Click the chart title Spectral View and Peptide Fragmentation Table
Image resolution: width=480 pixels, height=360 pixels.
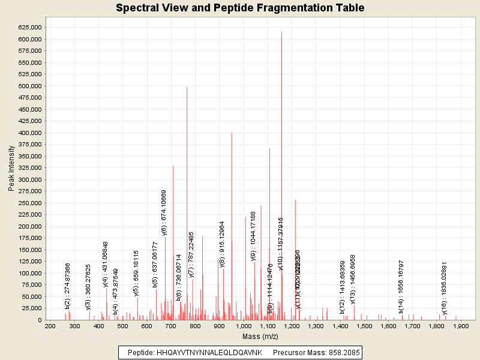click(x=240, y=8)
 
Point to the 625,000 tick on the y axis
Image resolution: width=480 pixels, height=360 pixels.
click(x=29, y=28)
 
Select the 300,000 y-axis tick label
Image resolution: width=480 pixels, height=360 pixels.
click(x=29, y=180)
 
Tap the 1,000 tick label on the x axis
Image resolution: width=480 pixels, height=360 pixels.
click(x=244, y=326)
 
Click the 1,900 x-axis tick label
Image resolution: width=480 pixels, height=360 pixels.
click(x=461, y=326)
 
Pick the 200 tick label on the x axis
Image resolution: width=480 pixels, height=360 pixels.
click(x=50, y=326)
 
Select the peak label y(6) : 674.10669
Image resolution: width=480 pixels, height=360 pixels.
click(x=164, y=213)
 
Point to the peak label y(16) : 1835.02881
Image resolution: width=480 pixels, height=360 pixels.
click(x=445, y=289)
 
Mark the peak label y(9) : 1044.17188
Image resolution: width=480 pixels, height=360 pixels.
click(x=253, y=236)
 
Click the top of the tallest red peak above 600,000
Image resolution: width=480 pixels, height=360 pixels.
click(x=281, y=32)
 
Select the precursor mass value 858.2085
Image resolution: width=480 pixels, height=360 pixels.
click(x=342, y=352)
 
